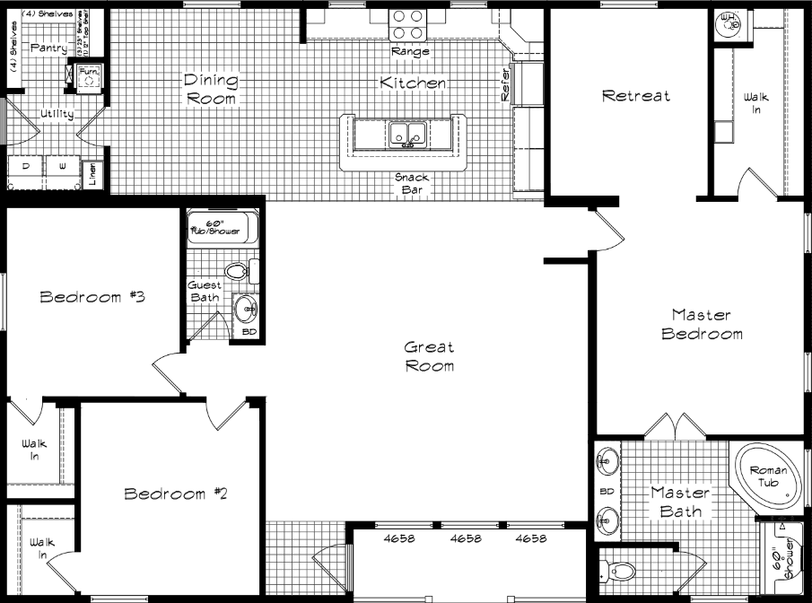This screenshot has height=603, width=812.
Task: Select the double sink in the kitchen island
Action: pyautogui.click(x=408, y=135)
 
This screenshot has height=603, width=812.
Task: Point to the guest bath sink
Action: pyautogui.click(x=245, y=310)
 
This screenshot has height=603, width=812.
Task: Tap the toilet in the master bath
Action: pyautogui.click(x=620, y=568)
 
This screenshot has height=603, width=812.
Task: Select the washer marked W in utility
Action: pyautogui.click(x=63, y=169)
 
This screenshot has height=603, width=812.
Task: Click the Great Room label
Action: pyautogui.click(x=429, y=356)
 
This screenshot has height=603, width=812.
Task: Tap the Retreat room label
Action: pyautogui.click(x=635, y=96)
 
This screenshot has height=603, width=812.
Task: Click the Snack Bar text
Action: pyautogui.click(x=412, y=183)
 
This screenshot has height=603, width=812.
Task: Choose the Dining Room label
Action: pyautogui.click(x=212, y=90)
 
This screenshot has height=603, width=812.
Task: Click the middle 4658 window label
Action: pyautogui.click(x=467, y=539)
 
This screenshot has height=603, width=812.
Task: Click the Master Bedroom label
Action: pyautogui.click(x=702, y=325)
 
